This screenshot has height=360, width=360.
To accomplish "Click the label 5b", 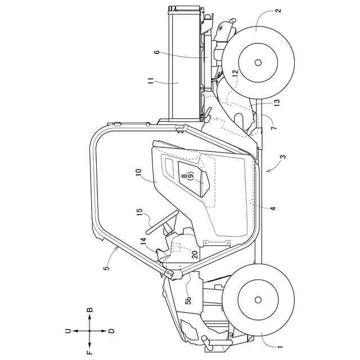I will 189,299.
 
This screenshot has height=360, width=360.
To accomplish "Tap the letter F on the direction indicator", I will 89,353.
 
